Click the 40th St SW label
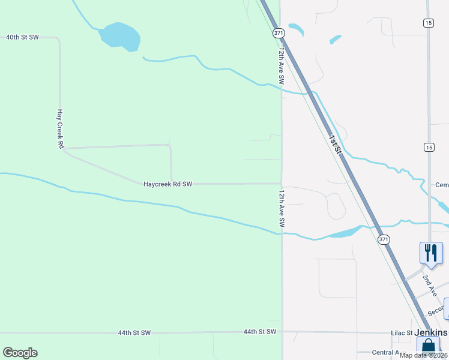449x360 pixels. click(x=22, y=37)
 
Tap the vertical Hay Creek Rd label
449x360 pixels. click(x=60, y=128)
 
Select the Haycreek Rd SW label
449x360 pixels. click(x=167, y=184)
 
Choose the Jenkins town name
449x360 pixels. click(x=431, y=332)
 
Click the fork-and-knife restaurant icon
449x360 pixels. click(x=431, y=253)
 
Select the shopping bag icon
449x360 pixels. click(x=428, y=346)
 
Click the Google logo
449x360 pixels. click(x=20, y=353)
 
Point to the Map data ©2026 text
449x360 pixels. click(x=424, y=355)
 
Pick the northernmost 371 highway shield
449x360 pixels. click(x=278, y=34)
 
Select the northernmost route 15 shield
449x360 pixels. click(x=428, y=23)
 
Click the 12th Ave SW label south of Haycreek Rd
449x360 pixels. click(x=281, y=209)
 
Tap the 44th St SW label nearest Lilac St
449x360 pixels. click(x=260, y=332)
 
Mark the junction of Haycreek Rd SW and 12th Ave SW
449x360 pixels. click(x=282, y=184)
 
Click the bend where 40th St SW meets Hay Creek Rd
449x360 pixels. click(x=58, y=39)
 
